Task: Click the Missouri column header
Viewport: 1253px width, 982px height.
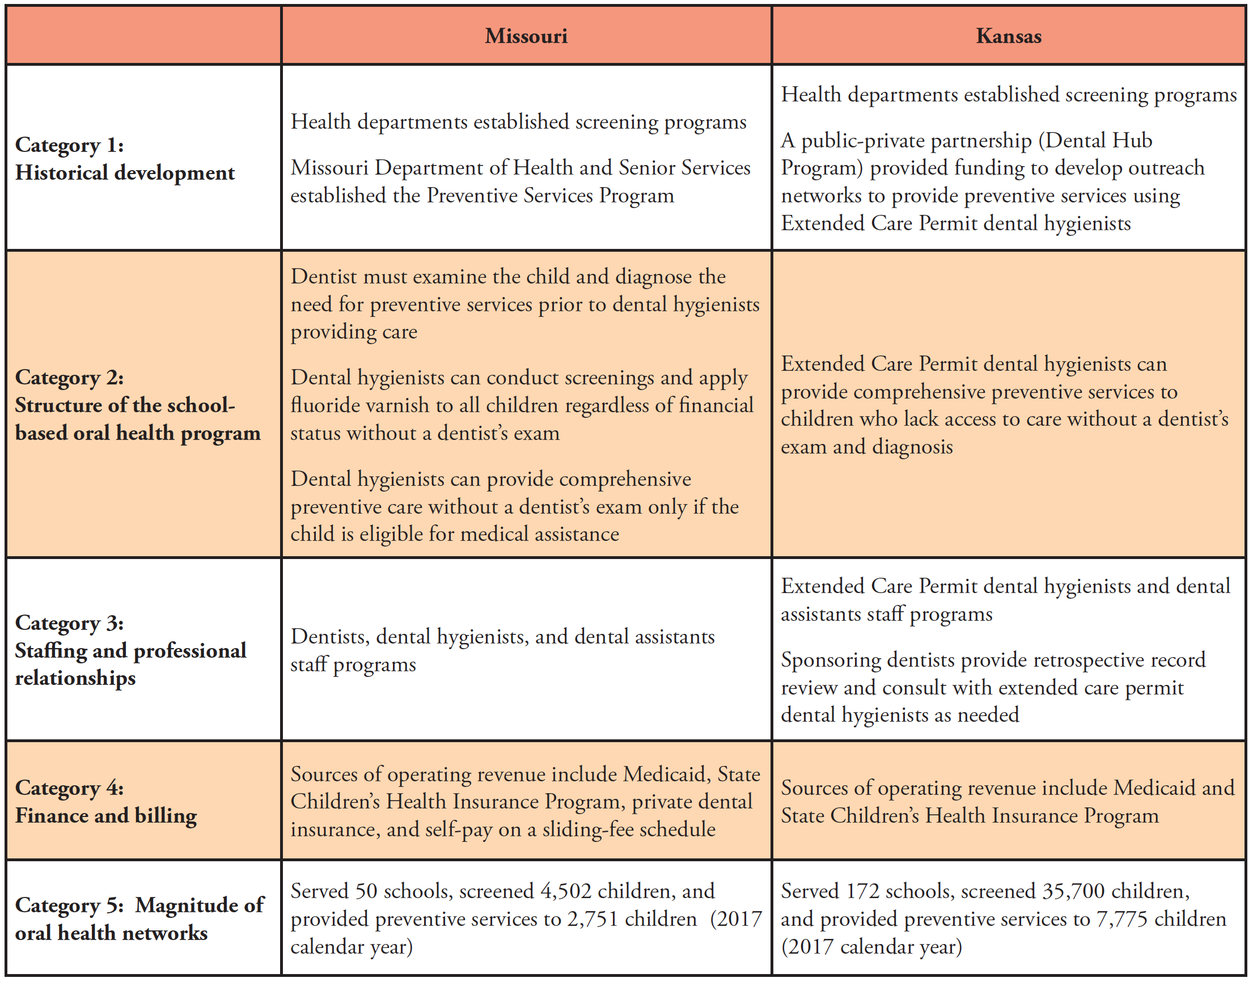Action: pyautogui.click(x=526, y=36)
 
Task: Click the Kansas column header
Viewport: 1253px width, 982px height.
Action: pyautogui.click(x=1009, y=36)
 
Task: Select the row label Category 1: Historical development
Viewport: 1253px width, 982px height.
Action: pyautogui.click(x=125, y=159)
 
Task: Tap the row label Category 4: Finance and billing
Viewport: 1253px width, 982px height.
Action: pyautogui.click(x=106, y=802)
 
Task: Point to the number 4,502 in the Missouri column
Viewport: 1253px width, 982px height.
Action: pyautogui.click(x=566, y=891)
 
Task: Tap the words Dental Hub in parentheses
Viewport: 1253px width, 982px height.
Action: pyautogui.click(x=1098, y=140)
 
